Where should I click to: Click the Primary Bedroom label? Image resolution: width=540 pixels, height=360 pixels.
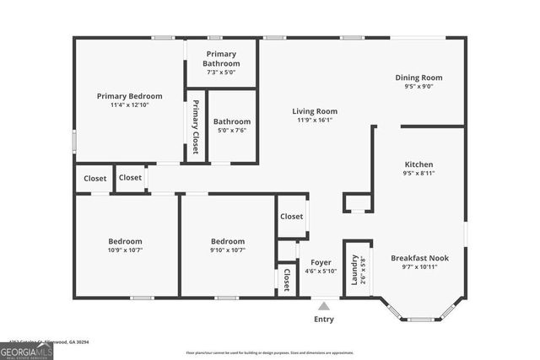pyautogui.click(x=129, y=96)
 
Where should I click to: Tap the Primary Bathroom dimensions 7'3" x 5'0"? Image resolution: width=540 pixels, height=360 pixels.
pyautogui.click(x=222, y=73)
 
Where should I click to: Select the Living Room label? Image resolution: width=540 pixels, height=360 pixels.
pyautogui.click(x=315, y=111)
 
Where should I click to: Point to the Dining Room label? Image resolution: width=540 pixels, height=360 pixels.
pyautogui.click(x=418, y=78)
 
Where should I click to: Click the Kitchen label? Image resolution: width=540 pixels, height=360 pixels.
pyautogui.click(x=418, y=164)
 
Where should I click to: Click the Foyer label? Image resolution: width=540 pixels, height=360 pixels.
pyautogui.click(x=321, y=262)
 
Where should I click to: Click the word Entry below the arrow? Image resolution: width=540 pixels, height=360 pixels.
pyautogui.click(x=324, y=320)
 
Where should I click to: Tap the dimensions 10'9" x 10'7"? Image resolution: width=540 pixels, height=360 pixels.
pyautogui.click(x=125, y=250)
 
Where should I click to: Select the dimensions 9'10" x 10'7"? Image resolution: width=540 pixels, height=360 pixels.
pyautogui.click(x=228, y=250)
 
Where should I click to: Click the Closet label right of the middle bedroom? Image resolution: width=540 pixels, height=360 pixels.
pyautogui.click(x=292, y=217)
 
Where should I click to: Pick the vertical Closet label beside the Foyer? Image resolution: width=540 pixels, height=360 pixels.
pyautogui.click(x=287, y=278)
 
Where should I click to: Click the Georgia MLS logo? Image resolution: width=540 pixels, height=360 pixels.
pyautogui.click(x=26, y=348)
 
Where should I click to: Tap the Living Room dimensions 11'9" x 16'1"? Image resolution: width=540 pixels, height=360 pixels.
pyautogui.click(x=315, y=121)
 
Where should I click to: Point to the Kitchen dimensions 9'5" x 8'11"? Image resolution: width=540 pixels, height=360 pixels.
pyautogui.click(x=418, y=174)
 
